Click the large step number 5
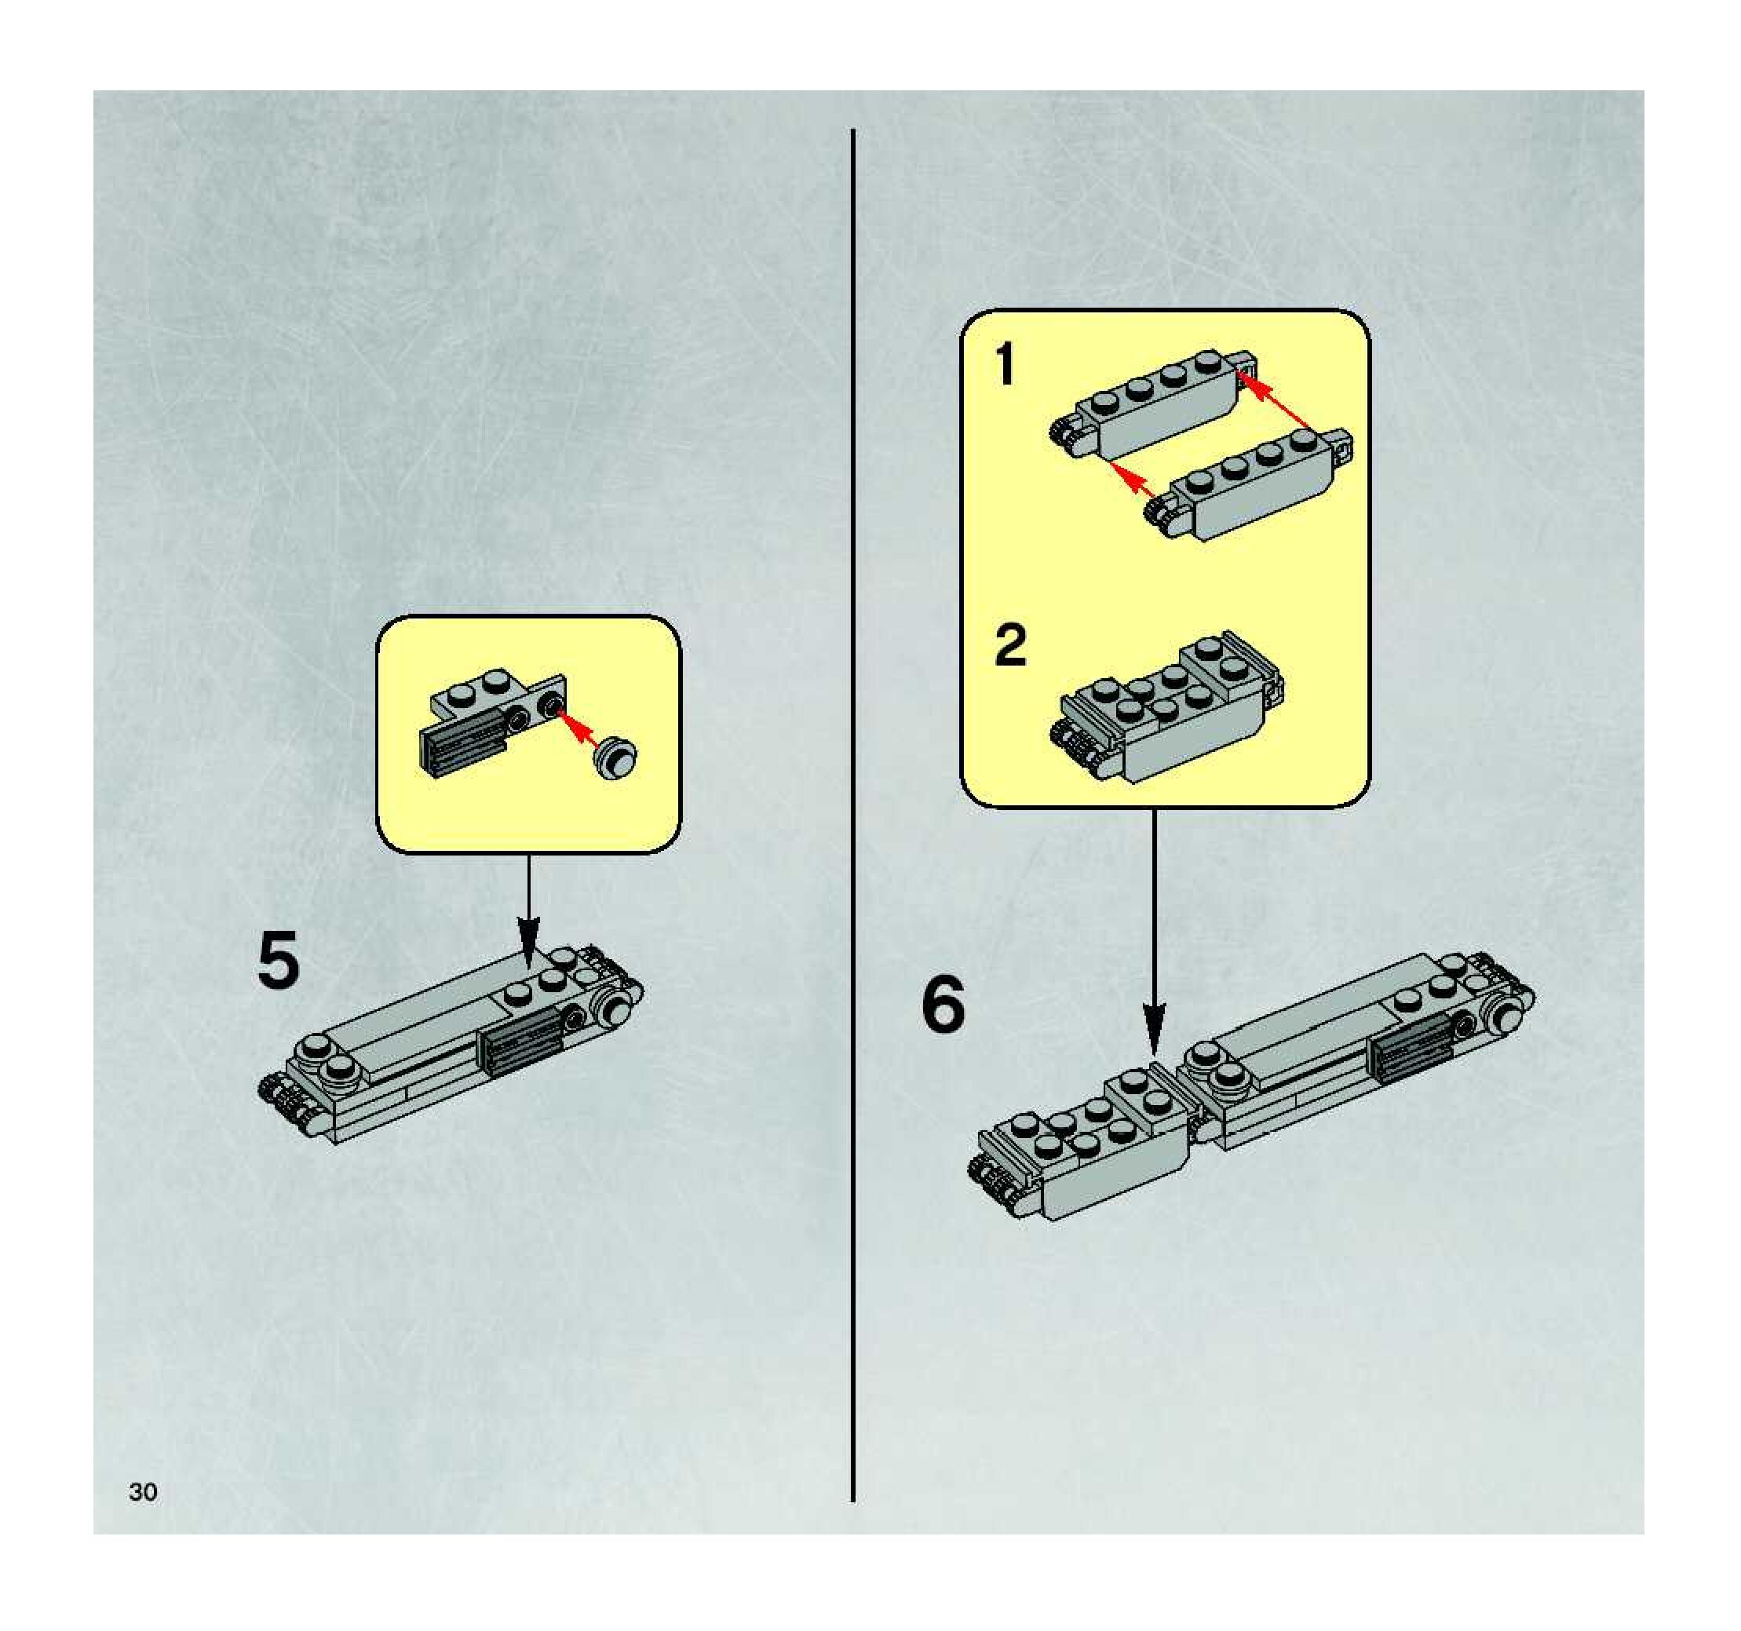pyautogui.click(x=279, y=961)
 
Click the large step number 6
pyautogui.click(x=943, y=1004)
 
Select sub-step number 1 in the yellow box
pyautogui.click(x=1006, y=365)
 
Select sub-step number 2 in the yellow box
pyautogui.click(x=1011, y=646)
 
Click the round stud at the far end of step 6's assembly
pyautogui.click(x=1508, y=1017)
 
